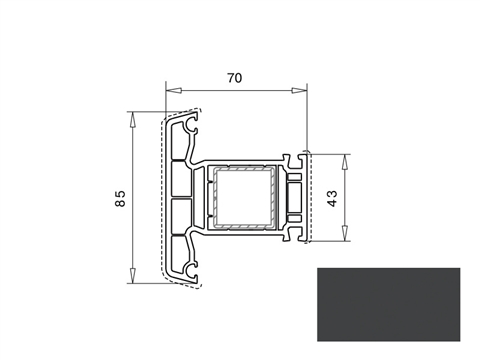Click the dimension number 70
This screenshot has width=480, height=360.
coord(234,78)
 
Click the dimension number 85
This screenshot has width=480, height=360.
coord(120,198)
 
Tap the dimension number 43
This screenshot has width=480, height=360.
coord(332,198)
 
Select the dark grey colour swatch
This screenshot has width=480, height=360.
coord(388,304)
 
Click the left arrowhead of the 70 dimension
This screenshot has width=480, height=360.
coord(174,90)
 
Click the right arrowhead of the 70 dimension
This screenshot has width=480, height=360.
coord(299,90)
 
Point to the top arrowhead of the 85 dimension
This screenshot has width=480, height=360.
coord(133,120)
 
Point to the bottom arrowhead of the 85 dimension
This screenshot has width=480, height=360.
coord(133,275)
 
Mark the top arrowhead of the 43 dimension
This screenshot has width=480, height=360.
coord(345,162)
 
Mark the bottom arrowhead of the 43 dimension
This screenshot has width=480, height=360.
coord(345,233)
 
